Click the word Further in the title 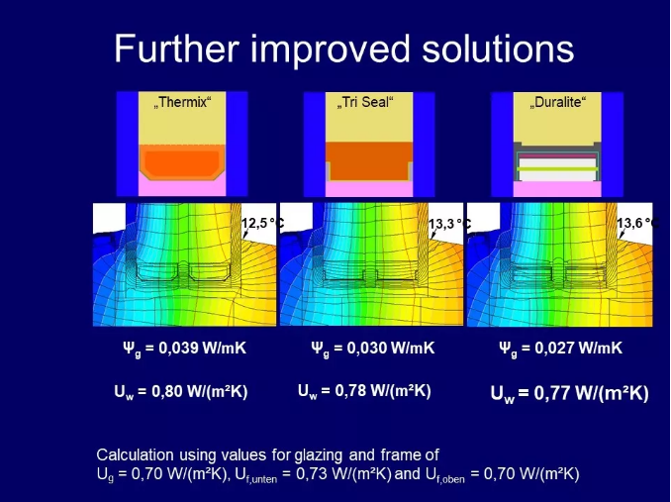[x=176, y=49]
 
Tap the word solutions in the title [x=498, y=49]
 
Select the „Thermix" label [x=183, y=102]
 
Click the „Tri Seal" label [x=365, y=102]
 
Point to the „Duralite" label [x=557, y=102]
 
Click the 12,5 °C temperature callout [x=262, y=223]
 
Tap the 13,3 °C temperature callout [x=449, y=224]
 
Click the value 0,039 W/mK [x=203, y=348]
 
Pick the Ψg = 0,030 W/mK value [x=373, y=349]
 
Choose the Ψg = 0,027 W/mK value [x=560, y=349]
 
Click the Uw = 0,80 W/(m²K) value [x=180, y=391]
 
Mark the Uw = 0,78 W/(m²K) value [x=364, y=391]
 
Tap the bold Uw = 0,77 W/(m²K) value [x=569, y=394]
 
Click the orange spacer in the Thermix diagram [x=183, y=162]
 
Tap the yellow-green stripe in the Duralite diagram [x=557, y=169]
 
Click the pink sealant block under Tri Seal [x=369, y=189]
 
